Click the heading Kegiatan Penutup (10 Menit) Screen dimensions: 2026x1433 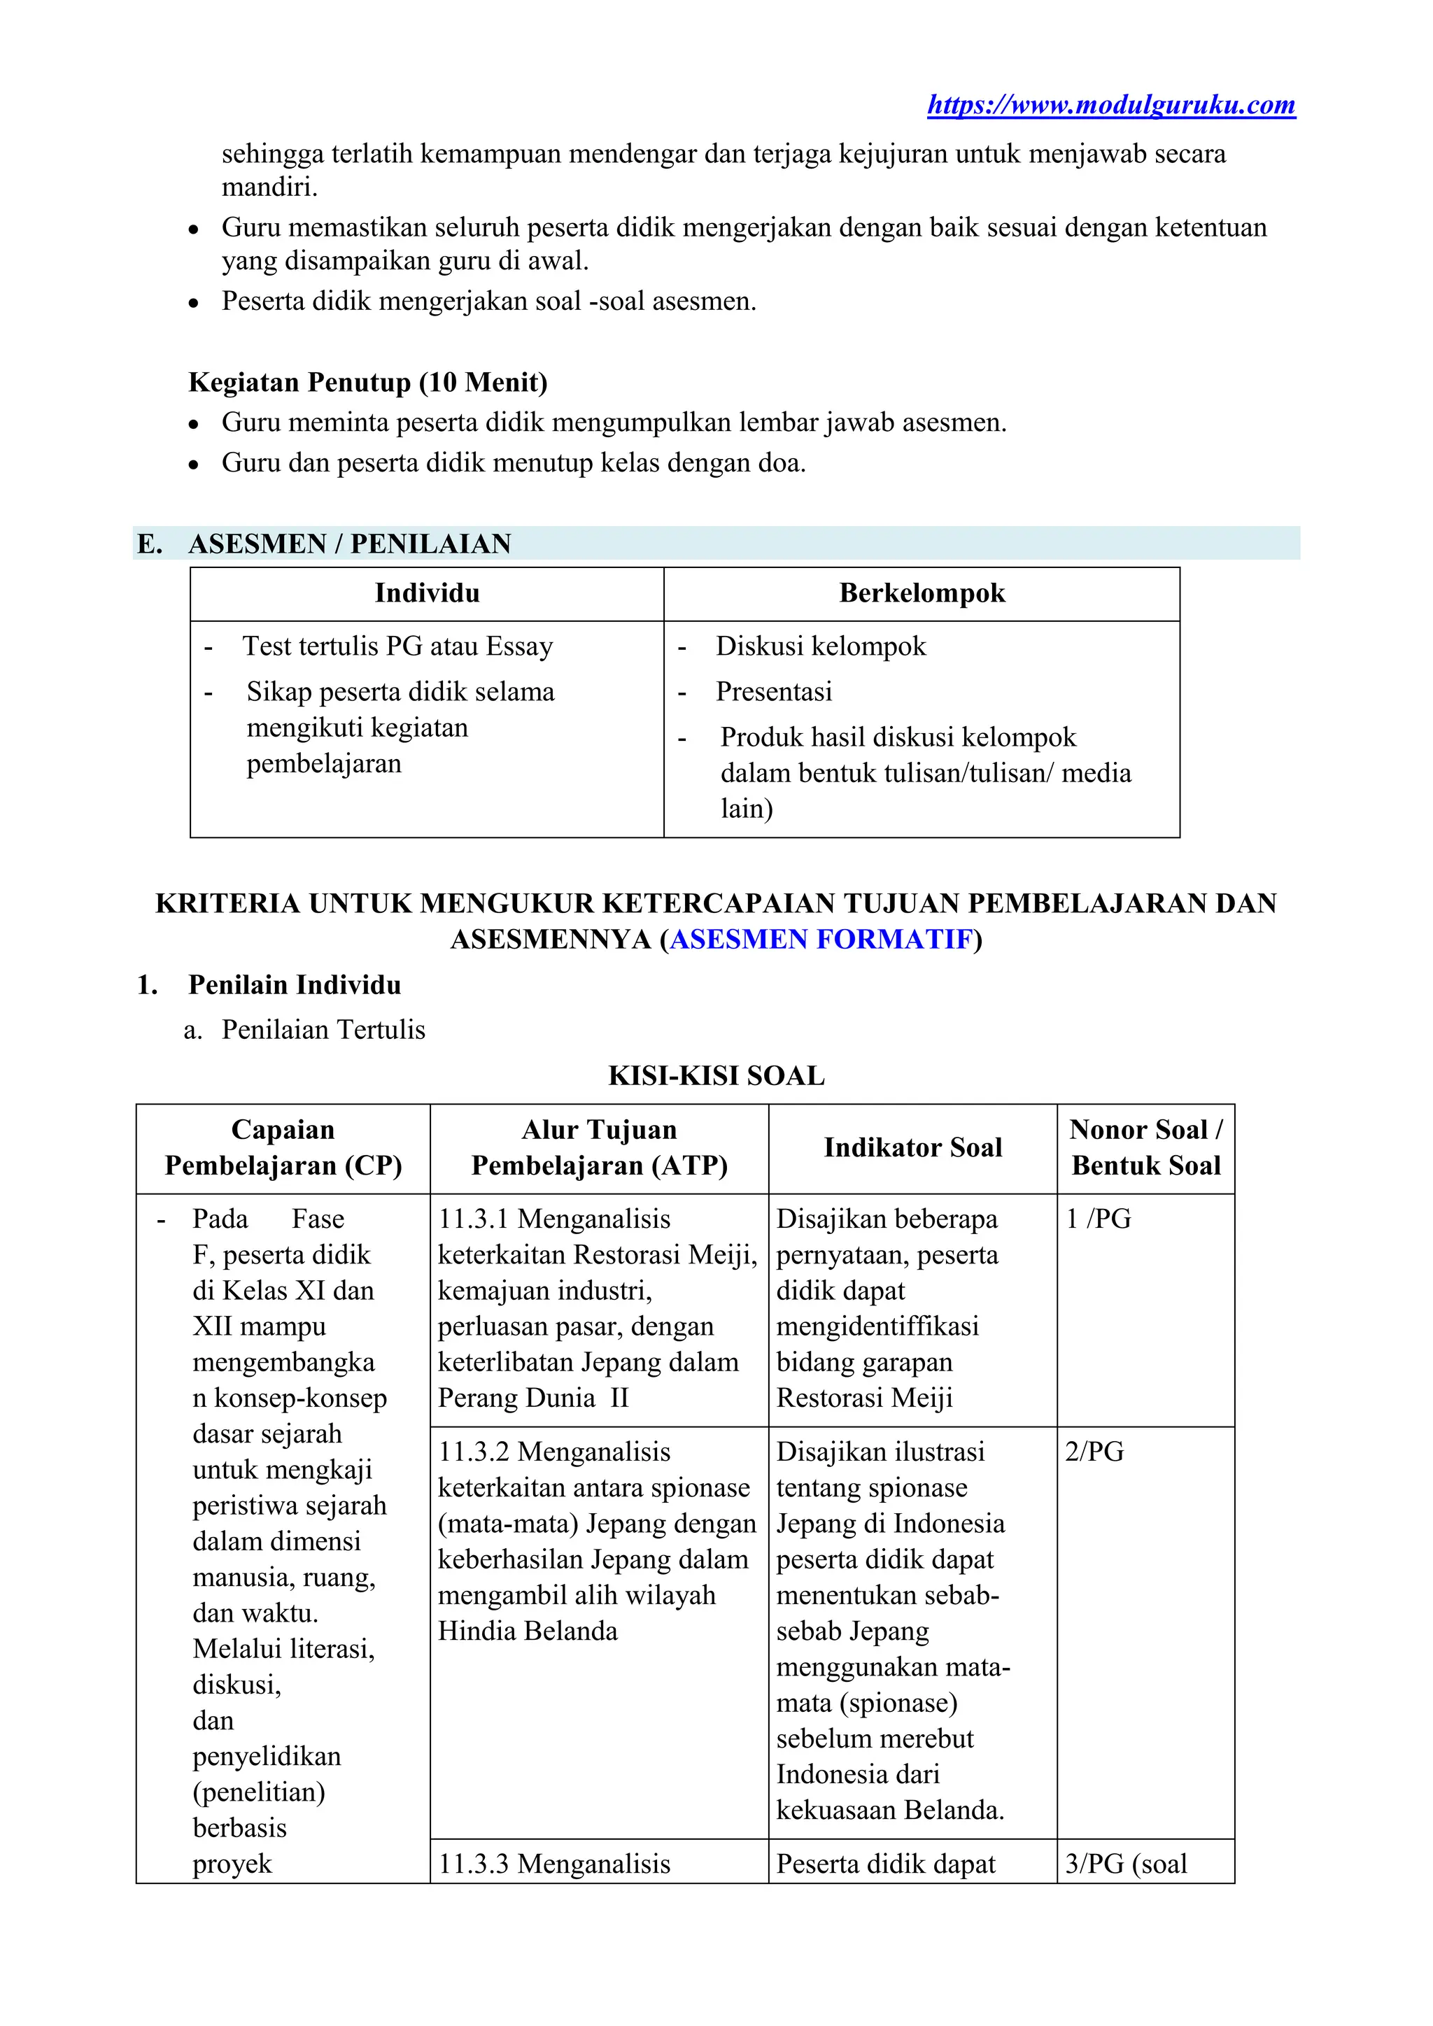368,382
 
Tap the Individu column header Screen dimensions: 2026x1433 427,593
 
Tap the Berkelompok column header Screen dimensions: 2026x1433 922,593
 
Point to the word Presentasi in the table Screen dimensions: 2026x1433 773,692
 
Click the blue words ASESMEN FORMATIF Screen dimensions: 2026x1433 821,939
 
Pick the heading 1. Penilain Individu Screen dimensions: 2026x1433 294,985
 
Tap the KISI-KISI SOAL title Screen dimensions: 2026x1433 716,1076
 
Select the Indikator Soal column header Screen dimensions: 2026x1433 912,1147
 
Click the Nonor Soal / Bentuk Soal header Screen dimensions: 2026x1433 1145,1147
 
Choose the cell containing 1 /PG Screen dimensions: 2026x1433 1099,1219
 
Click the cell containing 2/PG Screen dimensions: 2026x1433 1094,1452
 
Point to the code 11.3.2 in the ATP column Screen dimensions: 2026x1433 474,1452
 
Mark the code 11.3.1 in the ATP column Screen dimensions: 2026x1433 474,1219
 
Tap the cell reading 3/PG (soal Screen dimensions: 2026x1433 1126,1864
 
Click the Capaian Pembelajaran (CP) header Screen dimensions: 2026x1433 283,1147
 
